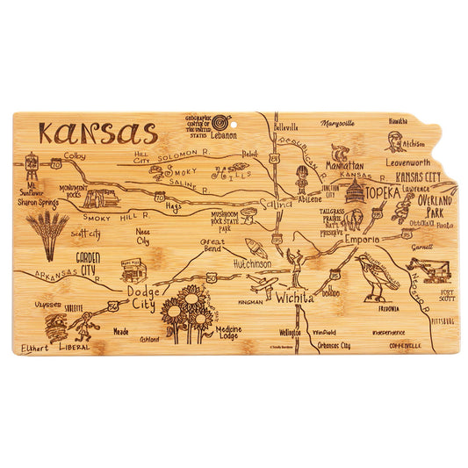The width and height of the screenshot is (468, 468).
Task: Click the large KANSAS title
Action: tap(97, 134)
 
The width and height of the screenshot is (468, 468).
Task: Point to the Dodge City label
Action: tap(140, 298)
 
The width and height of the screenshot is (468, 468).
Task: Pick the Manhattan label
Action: tap(344, 164)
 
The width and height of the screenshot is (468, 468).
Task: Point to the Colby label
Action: tap(75, 156)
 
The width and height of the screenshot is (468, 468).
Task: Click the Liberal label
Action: tap(73, 348)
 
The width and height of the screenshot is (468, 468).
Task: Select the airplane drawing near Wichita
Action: tap(264, 284)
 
